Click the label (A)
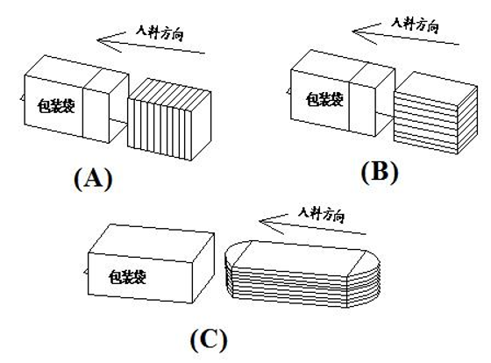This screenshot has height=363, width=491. coord(93,178)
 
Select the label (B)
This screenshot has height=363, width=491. coord(380,172)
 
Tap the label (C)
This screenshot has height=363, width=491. coord(210,340)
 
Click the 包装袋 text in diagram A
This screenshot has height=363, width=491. coord(56,105)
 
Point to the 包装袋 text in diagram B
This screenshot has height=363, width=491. coord(324,99)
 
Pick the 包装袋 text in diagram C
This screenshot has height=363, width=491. coord(127,277)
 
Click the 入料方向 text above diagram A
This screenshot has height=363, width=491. coord(160,32)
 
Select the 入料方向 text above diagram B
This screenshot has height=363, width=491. coord(416,24)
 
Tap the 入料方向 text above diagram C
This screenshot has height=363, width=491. coord(322,215)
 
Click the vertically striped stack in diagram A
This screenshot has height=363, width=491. coord(169,119)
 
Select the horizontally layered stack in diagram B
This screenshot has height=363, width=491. coord(436,113)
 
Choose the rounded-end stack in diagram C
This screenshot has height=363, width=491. coord(302,274)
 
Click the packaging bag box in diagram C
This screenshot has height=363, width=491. coord(151,264)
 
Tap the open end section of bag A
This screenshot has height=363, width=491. coord(106,105)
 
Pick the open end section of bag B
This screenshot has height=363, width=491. coord(372,99)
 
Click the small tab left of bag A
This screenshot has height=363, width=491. coord(22,97)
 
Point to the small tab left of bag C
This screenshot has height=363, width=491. coord(86,271)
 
